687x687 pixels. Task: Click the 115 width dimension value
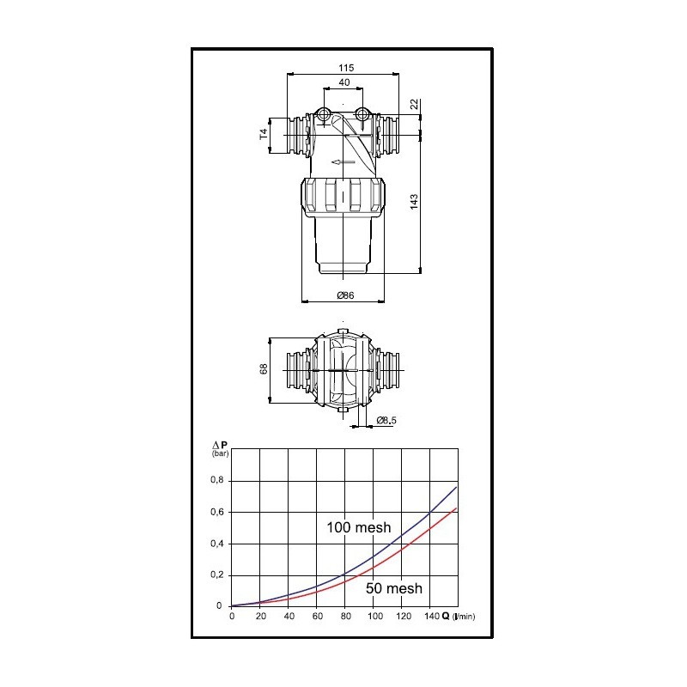tap(346, 67)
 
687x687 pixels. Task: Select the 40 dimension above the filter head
tap(344, 82)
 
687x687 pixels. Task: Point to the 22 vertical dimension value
tap(415, 103)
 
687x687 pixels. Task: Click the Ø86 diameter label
tap(344, 295)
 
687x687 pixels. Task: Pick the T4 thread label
tap(264, 134)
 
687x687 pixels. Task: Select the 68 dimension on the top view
tap(264, 368)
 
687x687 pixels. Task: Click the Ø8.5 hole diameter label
tap(387, 420)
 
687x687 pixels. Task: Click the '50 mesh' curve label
tap(393, 588)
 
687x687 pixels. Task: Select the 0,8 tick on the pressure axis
tap(216, 480)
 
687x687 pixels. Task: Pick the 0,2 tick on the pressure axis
tap(216, 575)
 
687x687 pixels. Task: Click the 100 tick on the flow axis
tap(374, 617)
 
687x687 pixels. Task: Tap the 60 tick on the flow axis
tap(317, 617)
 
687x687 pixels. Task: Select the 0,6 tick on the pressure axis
tap(216, 512)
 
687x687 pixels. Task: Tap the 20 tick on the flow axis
tap(260, 617)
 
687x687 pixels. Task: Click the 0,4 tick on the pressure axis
tap(216, 544)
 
